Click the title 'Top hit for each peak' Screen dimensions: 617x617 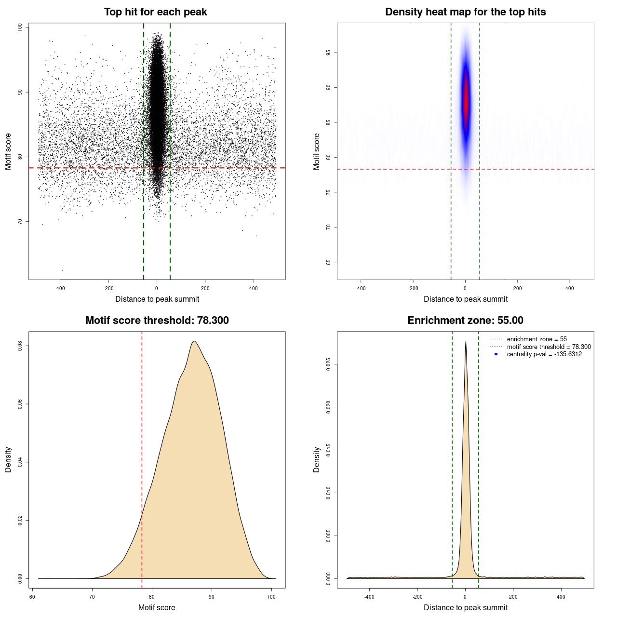coord(155,12)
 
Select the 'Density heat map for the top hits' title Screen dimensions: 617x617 coord(465,12)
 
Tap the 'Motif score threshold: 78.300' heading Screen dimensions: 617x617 coord(157,321)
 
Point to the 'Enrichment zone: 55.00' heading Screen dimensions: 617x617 coord(465,321)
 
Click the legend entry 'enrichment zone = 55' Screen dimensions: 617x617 coord(537,339)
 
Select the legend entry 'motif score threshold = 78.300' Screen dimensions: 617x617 coord(549,347)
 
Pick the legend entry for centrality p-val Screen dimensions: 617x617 coord(544,354)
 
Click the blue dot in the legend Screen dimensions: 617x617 coord(496,354)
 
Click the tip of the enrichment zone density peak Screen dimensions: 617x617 coord(466,342)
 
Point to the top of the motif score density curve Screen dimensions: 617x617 coord(194,342)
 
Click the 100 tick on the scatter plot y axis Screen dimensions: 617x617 coord(20,27)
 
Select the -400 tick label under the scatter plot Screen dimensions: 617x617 coord(60,288)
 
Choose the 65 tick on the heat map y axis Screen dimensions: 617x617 coord(329,262)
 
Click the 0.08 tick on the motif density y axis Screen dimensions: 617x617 coord(20,346)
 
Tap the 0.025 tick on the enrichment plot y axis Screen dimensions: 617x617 coord(329,364)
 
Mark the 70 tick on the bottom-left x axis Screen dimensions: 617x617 coord(92,597)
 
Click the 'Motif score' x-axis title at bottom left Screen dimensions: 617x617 coord(157,607)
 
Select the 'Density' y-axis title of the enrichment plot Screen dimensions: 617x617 coord(317,459)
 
